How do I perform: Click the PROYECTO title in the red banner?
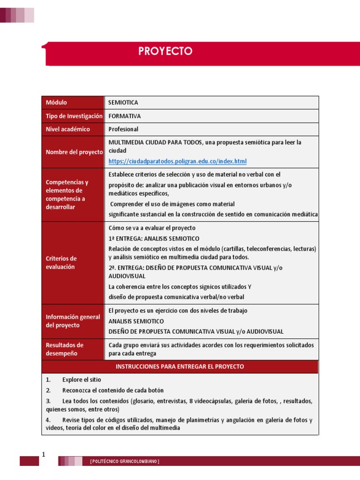pyautogui.click(x=165, y=51)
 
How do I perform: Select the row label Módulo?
pyautogui.click(x=56, y=103)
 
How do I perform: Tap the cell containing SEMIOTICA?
pyautogui.click(x=123, y=103)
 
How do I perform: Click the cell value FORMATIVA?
pyautogui.click(x=125, y=116)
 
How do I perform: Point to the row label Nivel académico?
pyautogui.click(x=67, y=129)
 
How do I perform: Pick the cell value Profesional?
pyautogui.click(x=123, y=129)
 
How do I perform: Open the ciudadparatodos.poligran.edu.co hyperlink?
pyautogui.click(x=177, y=161)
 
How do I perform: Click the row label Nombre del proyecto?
pyautogui.click(x=74, y=152)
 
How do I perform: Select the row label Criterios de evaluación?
pyautogui.click(x=61, y=262)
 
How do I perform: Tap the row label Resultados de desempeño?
pyautogui.click(x=64, y=349)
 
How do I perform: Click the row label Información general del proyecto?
pyautogui.click(x=73, y=321)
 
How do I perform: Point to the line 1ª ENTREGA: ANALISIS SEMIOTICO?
pyautogui.click(x=154, y=239)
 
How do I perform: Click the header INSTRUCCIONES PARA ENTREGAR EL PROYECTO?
pyautogui.click(x=180, y=367)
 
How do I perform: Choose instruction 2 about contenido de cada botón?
pyautogui.click(x=112, y=390)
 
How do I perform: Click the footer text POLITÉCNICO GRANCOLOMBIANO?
pyautogui.click(x=125, y=462)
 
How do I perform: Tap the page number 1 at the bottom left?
pyautogui.click(x=43, y=455)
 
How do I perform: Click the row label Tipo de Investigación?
pyautogui.click(x=74, y=116)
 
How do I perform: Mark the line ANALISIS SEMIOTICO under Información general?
pyautogui.click(x=136, y=321)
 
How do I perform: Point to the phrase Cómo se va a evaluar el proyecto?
pyautogui.click(x=152, y=228)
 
